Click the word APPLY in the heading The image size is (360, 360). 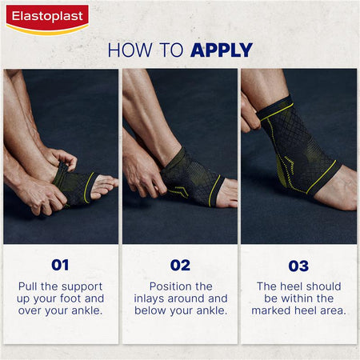tap(222, 50)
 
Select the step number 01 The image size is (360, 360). tap(60, 265)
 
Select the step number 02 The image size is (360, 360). tap(179, 265)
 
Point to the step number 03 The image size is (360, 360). tap(298, 265)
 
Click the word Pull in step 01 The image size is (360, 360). tap(31, 286)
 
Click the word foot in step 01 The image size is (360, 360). tap(80, 298)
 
